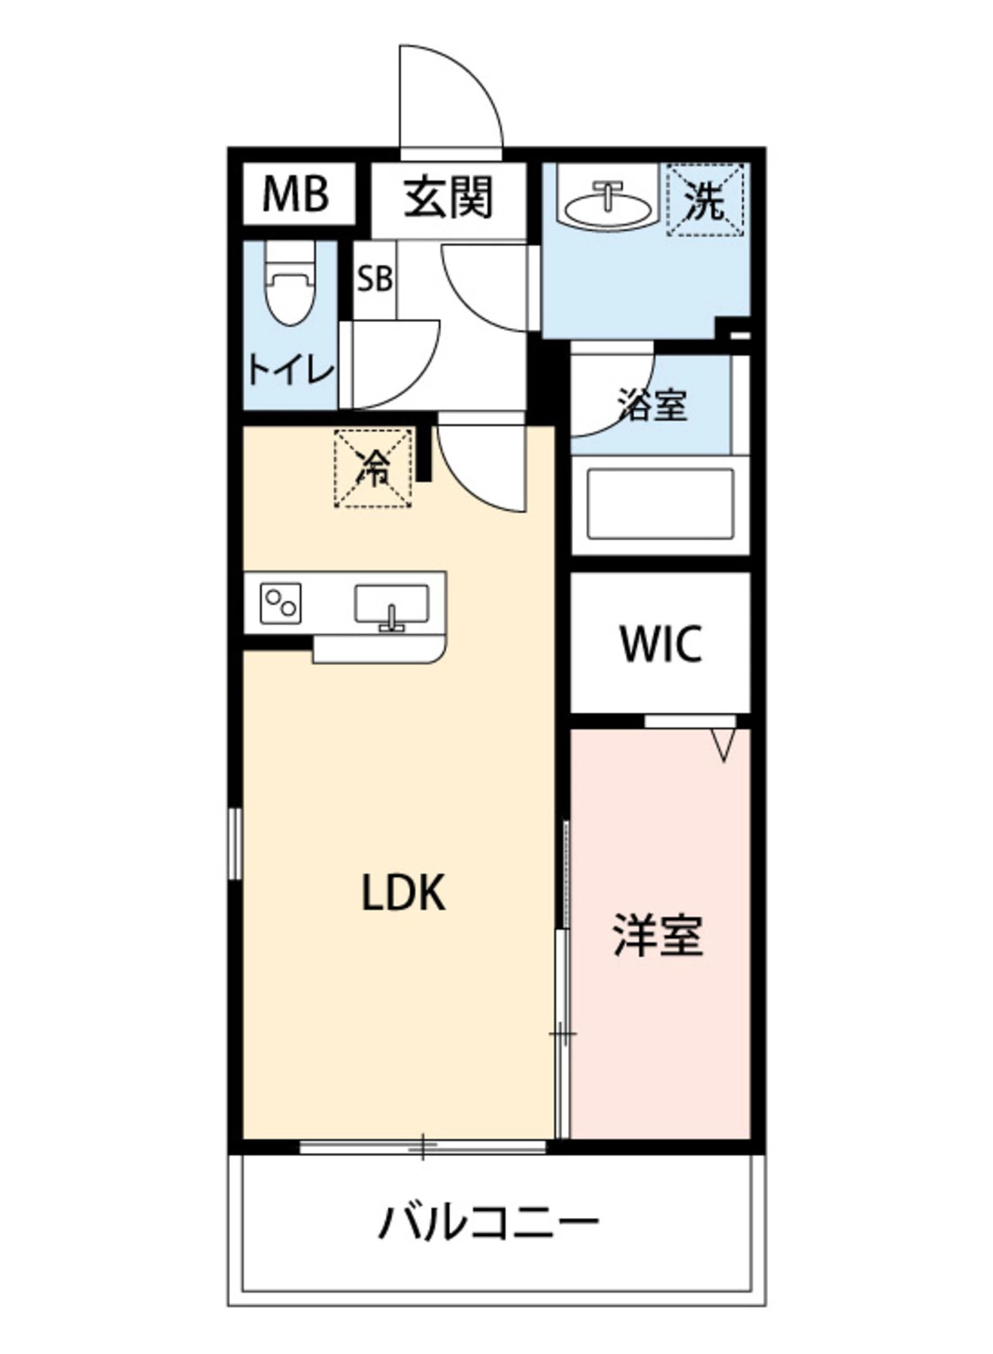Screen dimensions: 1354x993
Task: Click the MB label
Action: [x=296, y=193]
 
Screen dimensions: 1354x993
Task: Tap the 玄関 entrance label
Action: [x=448, y=198]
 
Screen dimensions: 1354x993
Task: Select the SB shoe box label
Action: [x=375, y=279]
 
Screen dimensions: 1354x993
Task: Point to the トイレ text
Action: [x=290, y=371]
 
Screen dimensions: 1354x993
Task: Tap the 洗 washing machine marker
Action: [x=706, y=200]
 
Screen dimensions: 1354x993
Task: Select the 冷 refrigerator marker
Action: [x=374, y=468]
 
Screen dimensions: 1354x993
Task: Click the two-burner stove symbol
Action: [x=281, y=603]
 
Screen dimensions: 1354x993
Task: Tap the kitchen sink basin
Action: [x=391, y=603]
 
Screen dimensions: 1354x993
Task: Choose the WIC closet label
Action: [x=660, y=643]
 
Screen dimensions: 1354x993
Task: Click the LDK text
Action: [x=404, y=893]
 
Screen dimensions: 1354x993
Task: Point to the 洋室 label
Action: [x=658, y=935]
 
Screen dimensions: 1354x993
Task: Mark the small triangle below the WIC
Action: [x=723, y=745]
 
